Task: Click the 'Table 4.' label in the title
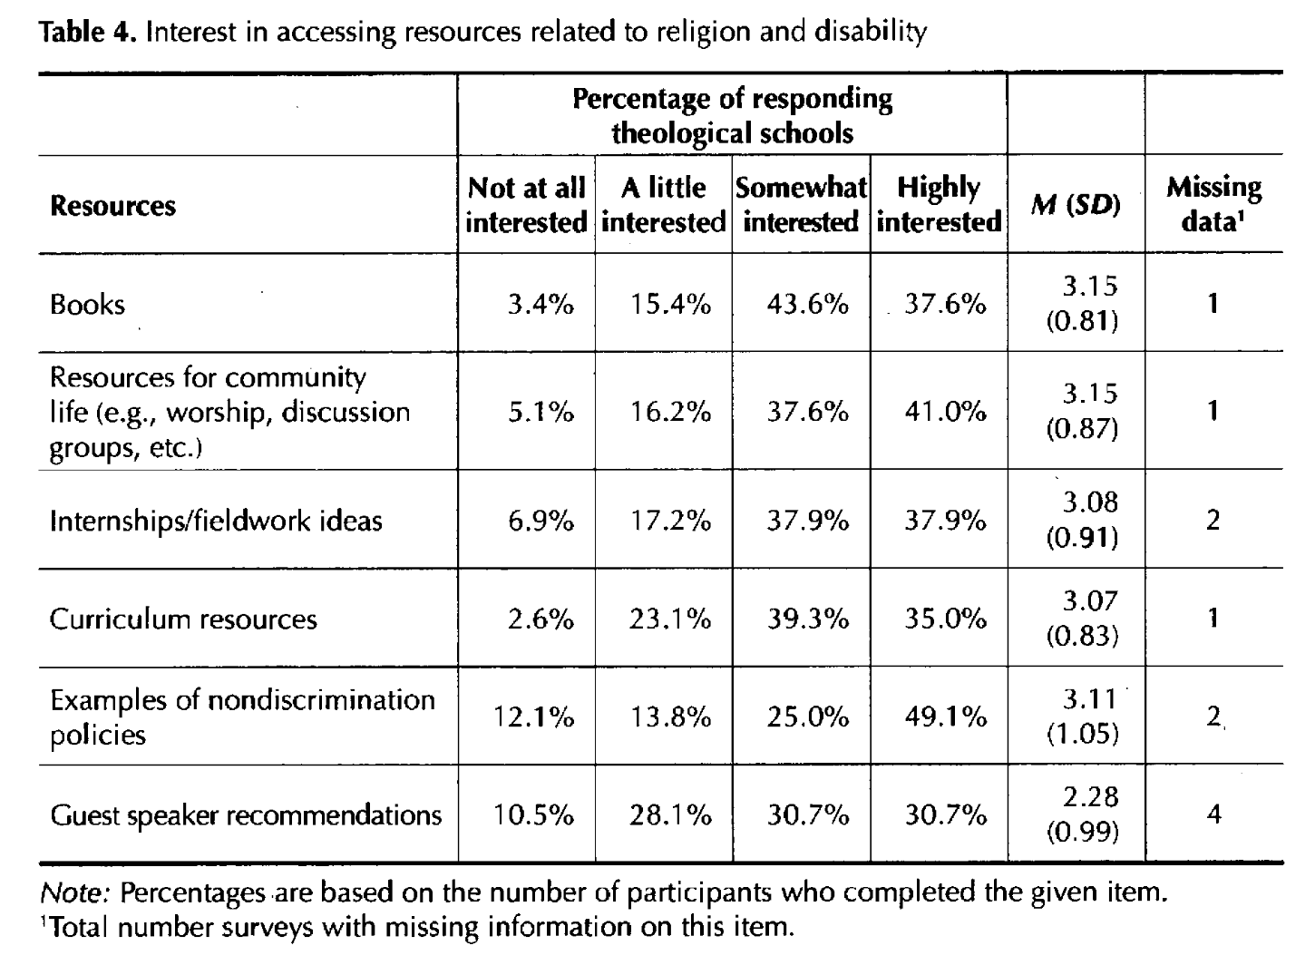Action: click(x=89, y=33)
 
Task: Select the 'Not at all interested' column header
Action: click(x=526, y=205)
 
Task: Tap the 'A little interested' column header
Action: click(x=663, y=205)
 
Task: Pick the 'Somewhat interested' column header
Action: click(x=801, y=205)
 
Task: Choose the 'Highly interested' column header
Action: click(x=939, y=205)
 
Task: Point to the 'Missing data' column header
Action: click(x=1213, y=205)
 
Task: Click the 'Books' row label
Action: click(x=87, y=304)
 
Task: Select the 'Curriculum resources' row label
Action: click(x=183, y=619)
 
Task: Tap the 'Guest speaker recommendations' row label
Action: click(x=246, y=815)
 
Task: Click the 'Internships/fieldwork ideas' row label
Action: click(x=216, y=521)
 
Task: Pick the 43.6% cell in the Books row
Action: click(x=807, y=305)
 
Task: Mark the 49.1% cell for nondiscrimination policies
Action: click(x=945, y=717)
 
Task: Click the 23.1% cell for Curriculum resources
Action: click(x=670, y=619)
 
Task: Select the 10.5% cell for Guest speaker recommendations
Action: click(x=533, y=815)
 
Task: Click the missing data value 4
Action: click(x=1213, y=814)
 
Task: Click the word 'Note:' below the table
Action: click(x=75, y=893)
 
